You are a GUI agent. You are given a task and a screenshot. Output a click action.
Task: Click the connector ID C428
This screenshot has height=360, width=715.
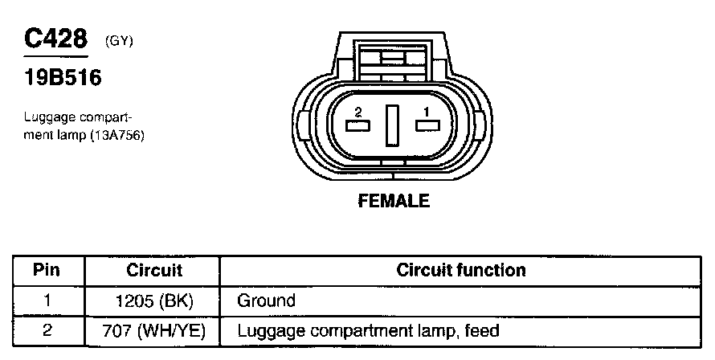(55, 39)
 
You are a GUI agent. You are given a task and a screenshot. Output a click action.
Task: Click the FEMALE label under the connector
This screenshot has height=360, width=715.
(394, 201)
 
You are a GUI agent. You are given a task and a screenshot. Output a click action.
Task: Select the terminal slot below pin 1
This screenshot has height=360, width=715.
(427, 125)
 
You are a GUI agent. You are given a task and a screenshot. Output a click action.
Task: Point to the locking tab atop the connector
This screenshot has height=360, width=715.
(393, 58)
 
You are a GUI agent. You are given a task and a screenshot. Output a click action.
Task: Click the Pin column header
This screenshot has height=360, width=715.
(47, 271)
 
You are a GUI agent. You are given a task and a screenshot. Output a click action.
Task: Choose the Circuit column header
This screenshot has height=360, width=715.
(154, 271)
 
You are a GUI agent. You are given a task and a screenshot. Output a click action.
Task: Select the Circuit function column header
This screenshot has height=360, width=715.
(461, 271)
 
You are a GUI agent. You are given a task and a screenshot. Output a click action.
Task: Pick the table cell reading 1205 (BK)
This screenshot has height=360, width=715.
(154, 301)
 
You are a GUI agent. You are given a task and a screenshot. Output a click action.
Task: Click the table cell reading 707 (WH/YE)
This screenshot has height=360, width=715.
(154, 330)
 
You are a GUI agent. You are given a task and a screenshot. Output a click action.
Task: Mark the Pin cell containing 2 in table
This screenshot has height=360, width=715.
(47, 330)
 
